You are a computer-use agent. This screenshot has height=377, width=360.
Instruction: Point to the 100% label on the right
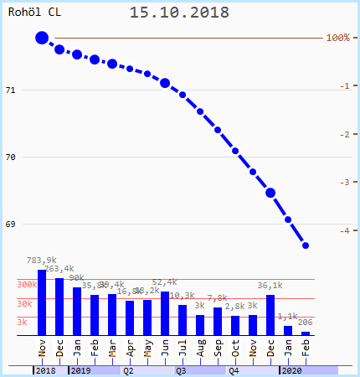point(337,38)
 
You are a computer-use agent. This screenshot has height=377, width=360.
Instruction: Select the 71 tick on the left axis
point(11,90)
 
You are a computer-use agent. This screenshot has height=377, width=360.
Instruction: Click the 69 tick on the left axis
point(11,224)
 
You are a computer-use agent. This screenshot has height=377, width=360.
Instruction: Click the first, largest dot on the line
point(42,38)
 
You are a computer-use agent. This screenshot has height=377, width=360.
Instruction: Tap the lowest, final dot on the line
point(306,245)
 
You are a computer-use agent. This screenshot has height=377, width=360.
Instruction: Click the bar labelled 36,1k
point(270,315)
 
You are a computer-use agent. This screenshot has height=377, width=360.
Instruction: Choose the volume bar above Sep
point(218,321)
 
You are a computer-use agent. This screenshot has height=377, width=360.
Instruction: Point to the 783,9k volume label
point(42,261)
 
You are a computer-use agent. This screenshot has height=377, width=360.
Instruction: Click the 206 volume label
point(306,323)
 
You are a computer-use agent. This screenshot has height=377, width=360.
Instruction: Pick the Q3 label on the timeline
point(181,369)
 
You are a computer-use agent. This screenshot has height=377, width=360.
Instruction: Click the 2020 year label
point(291,369)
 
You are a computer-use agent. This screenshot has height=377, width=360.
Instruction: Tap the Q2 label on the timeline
point(128,369)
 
